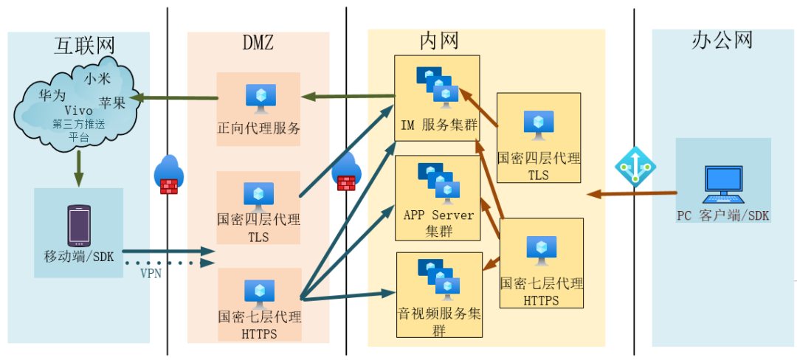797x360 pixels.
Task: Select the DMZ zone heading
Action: [258, 43]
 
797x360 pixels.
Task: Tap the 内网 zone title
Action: [439, 41]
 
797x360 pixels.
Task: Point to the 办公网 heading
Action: [722, 40]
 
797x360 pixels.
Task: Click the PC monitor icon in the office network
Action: [723, 184]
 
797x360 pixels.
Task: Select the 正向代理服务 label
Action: [258, 128]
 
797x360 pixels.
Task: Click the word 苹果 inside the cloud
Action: [112, 103]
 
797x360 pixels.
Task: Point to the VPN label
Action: [152, 274]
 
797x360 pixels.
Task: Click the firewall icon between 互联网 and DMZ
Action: [169, 176]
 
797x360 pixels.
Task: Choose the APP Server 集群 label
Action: [438, 223]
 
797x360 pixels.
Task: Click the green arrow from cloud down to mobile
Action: [79, 169]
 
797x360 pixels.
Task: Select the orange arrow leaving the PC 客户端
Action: [632, 194]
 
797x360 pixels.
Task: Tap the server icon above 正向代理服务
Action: [260, 98]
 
